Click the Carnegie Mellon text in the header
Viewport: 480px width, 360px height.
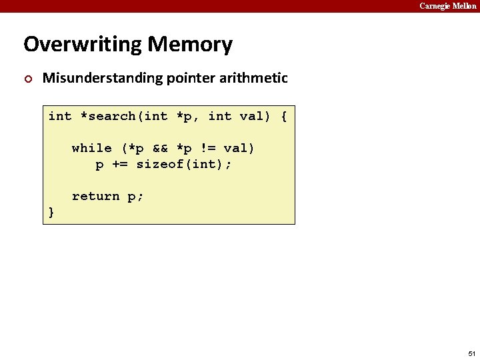[x=447, y=6]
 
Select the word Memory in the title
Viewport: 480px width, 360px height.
[x=190, y=45]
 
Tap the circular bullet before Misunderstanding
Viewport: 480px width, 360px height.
[x=27, y=79]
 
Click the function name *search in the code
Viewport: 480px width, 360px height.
[x=107, y=116]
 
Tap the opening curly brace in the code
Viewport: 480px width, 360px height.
[x=284, y=116]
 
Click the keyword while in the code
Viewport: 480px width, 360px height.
[x=91, y=148]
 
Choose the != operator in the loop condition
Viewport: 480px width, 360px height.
[x=208, y=148]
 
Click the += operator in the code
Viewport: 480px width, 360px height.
[x=120, y=164]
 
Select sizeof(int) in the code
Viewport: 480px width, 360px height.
[x=180, y=164]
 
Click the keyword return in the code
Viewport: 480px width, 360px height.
[x=95, y=196]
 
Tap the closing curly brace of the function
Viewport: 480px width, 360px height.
[x=51, y=212]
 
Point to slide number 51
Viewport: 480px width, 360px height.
[x=471, y=353]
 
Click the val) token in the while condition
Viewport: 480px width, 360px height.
[x=239, y=148]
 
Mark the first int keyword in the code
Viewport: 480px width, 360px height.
[x=60, y=116]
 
